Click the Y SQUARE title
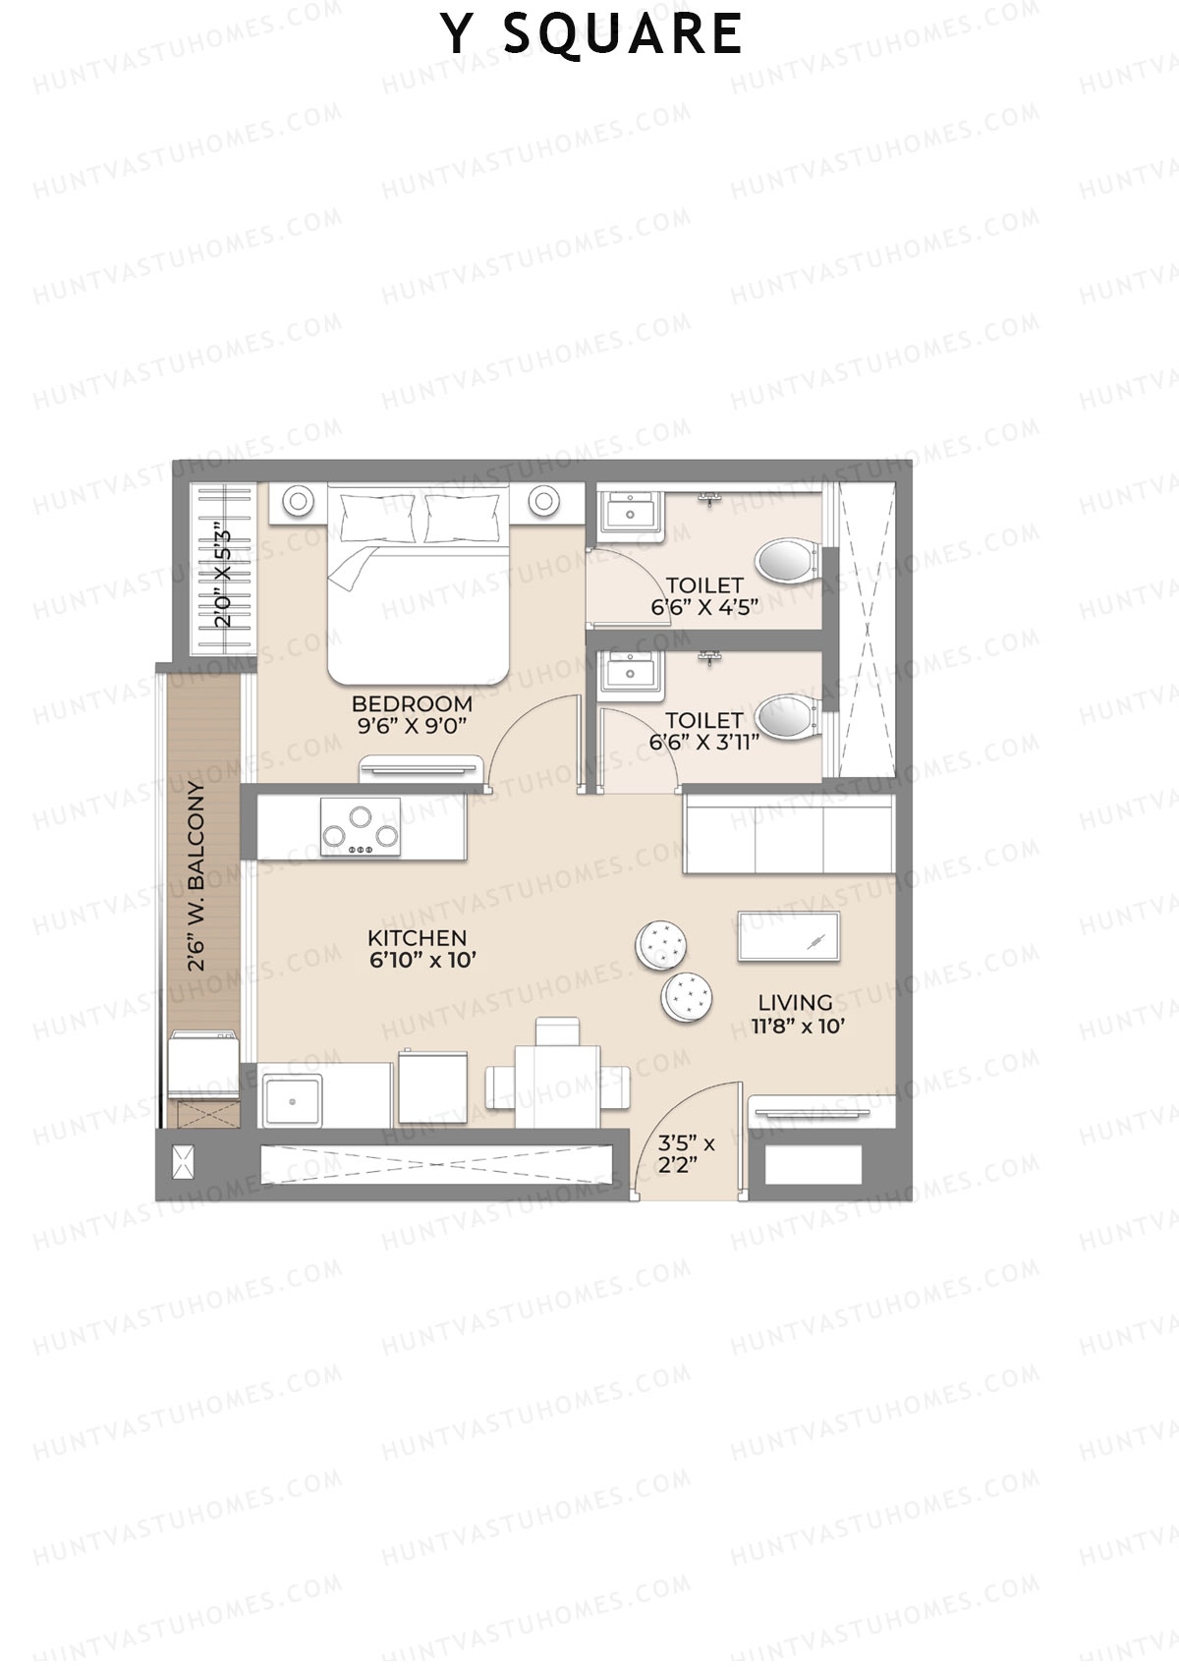(591, 34)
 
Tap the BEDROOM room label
(412, 703)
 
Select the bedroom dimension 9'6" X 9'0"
(412, 726)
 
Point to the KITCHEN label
(417, 938)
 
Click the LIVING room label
(795, 1003)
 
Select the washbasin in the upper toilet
(628, 513)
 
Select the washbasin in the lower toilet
(628, 673)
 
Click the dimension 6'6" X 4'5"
(704, 607)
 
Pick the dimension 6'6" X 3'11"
(703, 742)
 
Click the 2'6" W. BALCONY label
(198, 877)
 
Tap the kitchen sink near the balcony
(292, 1099)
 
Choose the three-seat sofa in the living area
(789, 832)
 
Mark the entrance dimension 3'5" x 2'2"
(686, 1155)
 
